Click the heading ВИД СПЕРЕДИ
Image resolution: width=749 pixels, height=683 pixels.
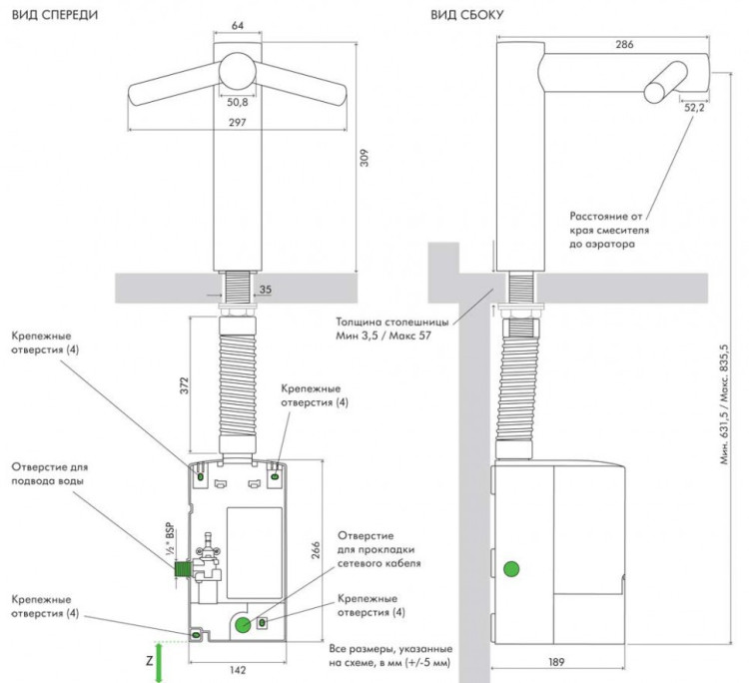coord(55,14)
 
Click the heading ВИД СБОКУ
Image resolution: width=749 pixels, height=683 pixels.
coord(466,14)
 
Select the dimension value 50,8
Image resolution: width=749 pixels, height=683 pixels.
coord(237,102)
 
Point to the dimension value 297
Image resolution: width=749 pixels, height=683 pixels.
coord(237,124)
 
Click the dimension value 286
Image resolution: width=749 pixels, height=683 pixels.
coord(625,46)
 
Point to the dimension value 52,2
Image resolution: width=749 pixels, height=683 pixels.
coord(693,108)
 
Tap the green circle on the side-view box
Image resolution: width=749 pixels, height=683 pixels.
coord(512,570)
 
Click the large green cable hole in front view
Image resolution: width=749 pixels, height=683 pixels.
coord(243,624)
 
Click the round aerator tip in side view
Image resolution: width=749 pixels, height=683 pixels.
coord(656,92)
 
